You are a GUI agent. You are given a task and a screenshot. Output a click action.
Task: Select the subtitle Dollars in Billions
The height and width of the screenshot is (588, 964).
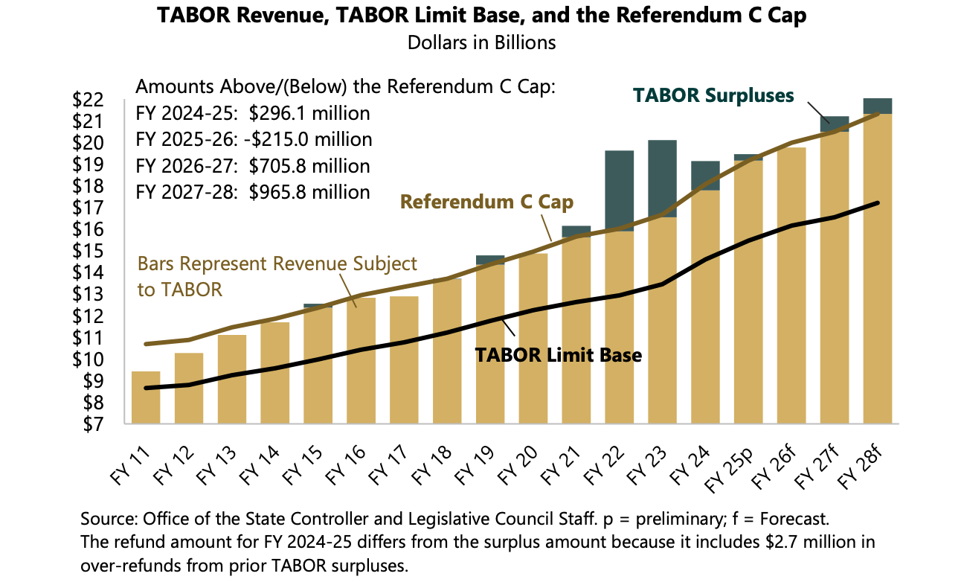(x=482, y=42)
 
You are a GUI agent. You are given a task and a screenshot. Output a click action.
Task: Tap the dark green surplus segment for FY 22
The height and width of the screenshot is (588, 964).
(x=619, y=191)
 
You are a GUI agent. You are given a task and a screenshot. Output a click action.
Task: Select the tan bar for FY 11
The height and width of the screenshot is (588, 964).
(x=145, y=397)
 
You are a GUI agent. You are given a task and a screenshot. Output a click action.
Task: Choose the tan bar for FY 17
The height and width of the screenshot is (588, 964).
(x=404, y=360)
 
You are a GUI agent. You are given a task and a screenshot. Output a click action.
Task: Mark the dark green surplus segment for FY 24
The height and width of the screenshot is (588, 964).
(x=704, y=176)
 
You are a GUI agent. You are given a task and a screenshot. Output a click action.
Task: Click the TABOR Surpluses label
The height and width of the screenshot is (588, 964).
(x=713, y=95)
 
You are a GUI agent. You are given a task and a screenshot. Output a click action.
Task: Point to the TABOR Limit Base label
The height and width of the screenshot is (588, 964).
(x=558, y=355)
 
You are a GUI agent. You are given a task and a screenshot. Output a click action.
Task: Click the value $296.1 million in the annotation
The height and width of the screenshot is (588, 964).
(x=309, y=114)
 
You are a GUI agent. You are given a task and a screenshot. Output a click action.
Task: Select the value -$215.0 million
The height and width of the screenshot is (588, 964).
(x=311, y=140)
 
